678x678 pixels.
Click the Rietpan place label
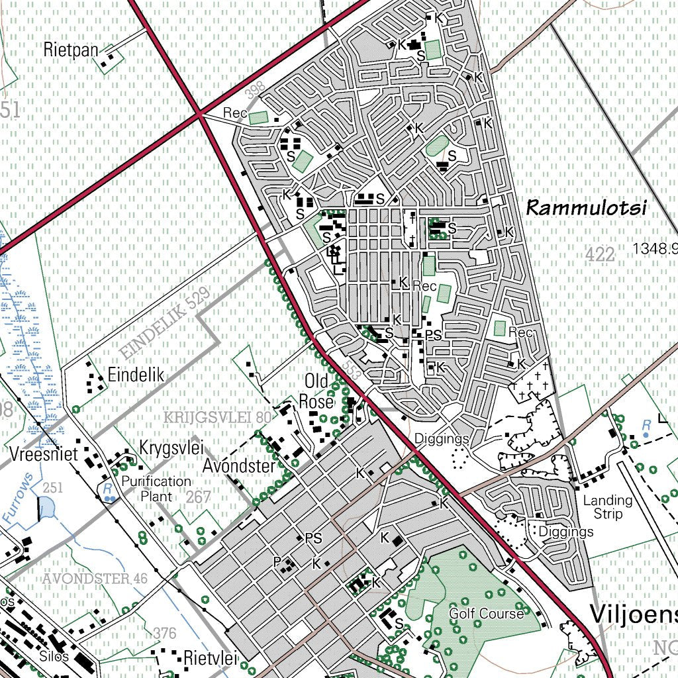70,49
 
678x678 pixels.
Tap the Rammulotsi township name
585,208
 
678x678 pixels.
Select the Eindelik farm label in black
136,375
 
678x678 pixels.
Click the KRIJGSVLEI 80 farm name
217,417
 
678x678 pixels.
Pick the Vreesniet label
44,454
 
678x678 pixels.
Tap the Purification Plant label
156,489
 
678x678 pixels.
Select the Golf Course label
486,614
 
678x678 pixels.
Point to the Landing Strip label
607,507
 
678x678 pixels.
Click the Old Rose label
316,392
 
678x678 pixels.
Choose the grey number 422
601,254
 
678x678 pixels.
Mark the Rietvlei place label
210,658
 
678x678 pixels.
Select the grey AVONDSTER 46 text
95,579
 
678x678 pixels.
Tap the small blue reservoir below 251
47,508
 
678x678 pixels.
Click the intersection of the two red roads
199,114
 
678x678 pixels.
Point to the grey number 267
198,497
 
